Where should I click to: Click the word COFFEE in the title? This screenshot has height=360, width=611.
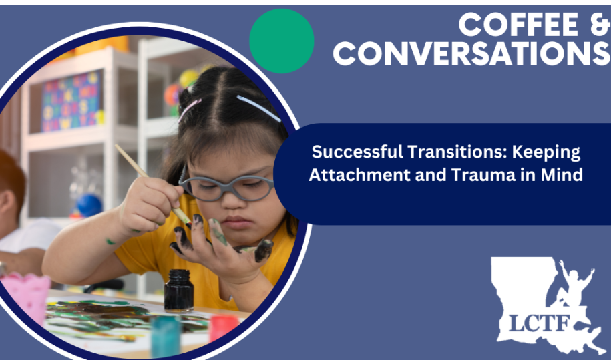pyautogui.click(x=518, y=24)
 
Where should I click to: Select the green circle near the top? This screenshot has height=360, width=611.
pyautogui.click(x=281, y=41)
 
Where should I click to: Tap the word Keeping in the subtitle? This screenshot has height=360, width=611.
pyautogui.click(x=546, y=153)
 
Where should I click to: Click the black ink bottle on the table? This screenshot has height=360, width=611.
pyautogui.click(x=179, y=291)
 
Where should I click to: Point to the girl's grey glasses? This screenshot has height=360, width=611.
pyautogui.click(x=226, y=188)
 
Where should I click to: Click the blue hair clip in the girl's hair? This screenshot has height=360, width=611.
pyautogui.click(x=258, y=108)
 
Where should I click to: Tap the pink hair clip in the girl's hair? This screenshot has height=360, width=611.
pyautogui.click(x=190, y=109)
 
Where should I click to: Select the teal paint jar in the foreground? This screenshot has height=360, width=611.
pyautogui.click(x=165, y=336)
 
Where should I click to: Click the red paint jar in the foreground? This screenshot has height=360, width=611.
pyautogui.click(x=224, y=328)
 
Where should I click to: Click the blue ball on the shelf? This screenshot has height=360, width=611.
pyautogui.click(x=89, y=205)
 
